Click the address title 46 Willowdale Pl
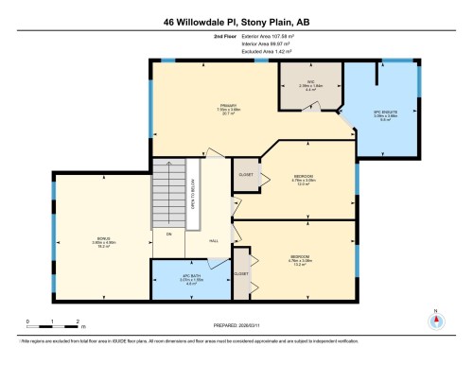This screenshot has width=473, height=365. click(236, 20)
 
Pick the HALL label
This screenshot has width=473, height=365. click(214, 241)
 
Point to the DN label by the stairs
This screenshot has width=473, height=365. click(168, 234)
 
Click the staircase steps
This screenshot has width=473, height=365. click(166, 194)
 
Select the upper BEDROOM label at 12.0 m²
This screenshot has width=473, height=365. click(303, 177)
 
